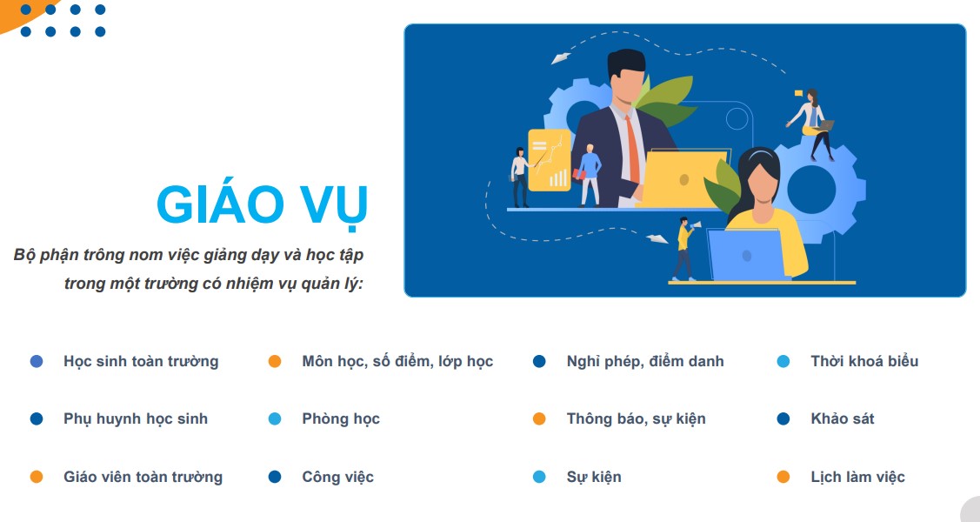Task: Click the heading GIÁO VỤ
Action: pos(262,205)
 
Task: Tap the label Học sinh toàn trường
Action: pos(141,361)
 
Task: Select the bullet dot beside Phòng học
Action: pos(275,418)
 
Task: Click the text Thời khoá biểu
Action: pos(864,361)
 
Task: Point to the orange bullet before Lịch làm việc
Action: pos(783,477)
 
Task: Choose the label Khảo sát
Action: pos(843,418)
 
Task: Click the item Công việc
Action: pos(337,477)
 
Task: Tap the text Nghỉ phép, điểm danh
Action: pos(645,361)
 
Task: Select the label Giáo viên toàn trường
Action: pos(143,477)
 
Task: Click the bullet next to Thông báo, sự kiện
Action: pos(539,418)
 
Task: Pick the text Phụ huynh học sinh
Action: pos(136,418)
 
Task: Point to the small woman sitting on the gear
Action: pos(812,124)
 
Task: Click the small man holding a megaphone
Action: pos(685,248)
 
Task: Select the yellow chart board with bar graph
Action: pos(549,160)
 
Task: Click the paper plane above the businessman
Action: pos(561,58)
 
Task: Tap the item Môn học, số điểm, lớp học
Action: pos(397,361)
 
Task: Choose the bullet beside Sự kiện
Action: pos(539,477)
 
